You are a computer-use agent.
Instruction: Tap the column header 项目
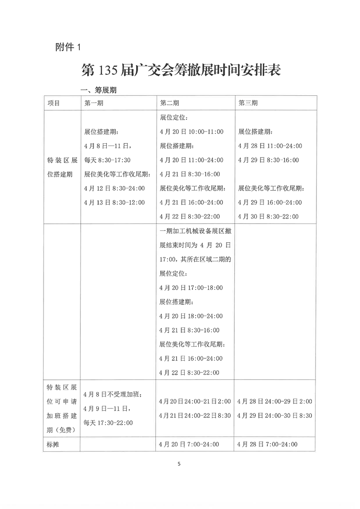54,103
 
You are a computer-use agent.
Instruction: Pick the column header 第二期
169,103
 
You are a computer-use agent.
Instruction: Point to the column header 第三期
248,103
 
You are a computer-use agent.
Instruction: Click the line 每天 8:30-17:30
108,160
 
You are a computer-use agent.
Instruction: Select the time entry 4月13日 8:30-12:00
114,202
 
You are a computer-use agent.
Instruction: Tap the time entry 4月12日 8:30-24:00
114,188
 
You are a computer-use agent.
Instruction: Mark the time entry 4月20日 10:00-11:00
192,132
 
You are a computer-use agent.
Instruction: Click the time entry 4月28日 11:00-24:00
270,146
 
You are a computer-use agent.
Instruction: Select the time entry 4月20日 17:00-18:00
191,288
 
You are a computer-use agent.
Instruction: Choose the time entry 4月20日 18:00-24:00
191,316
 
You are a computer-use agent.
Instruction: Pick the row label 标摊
54,445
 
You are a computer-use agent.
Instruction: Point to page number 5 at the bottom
179,464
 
